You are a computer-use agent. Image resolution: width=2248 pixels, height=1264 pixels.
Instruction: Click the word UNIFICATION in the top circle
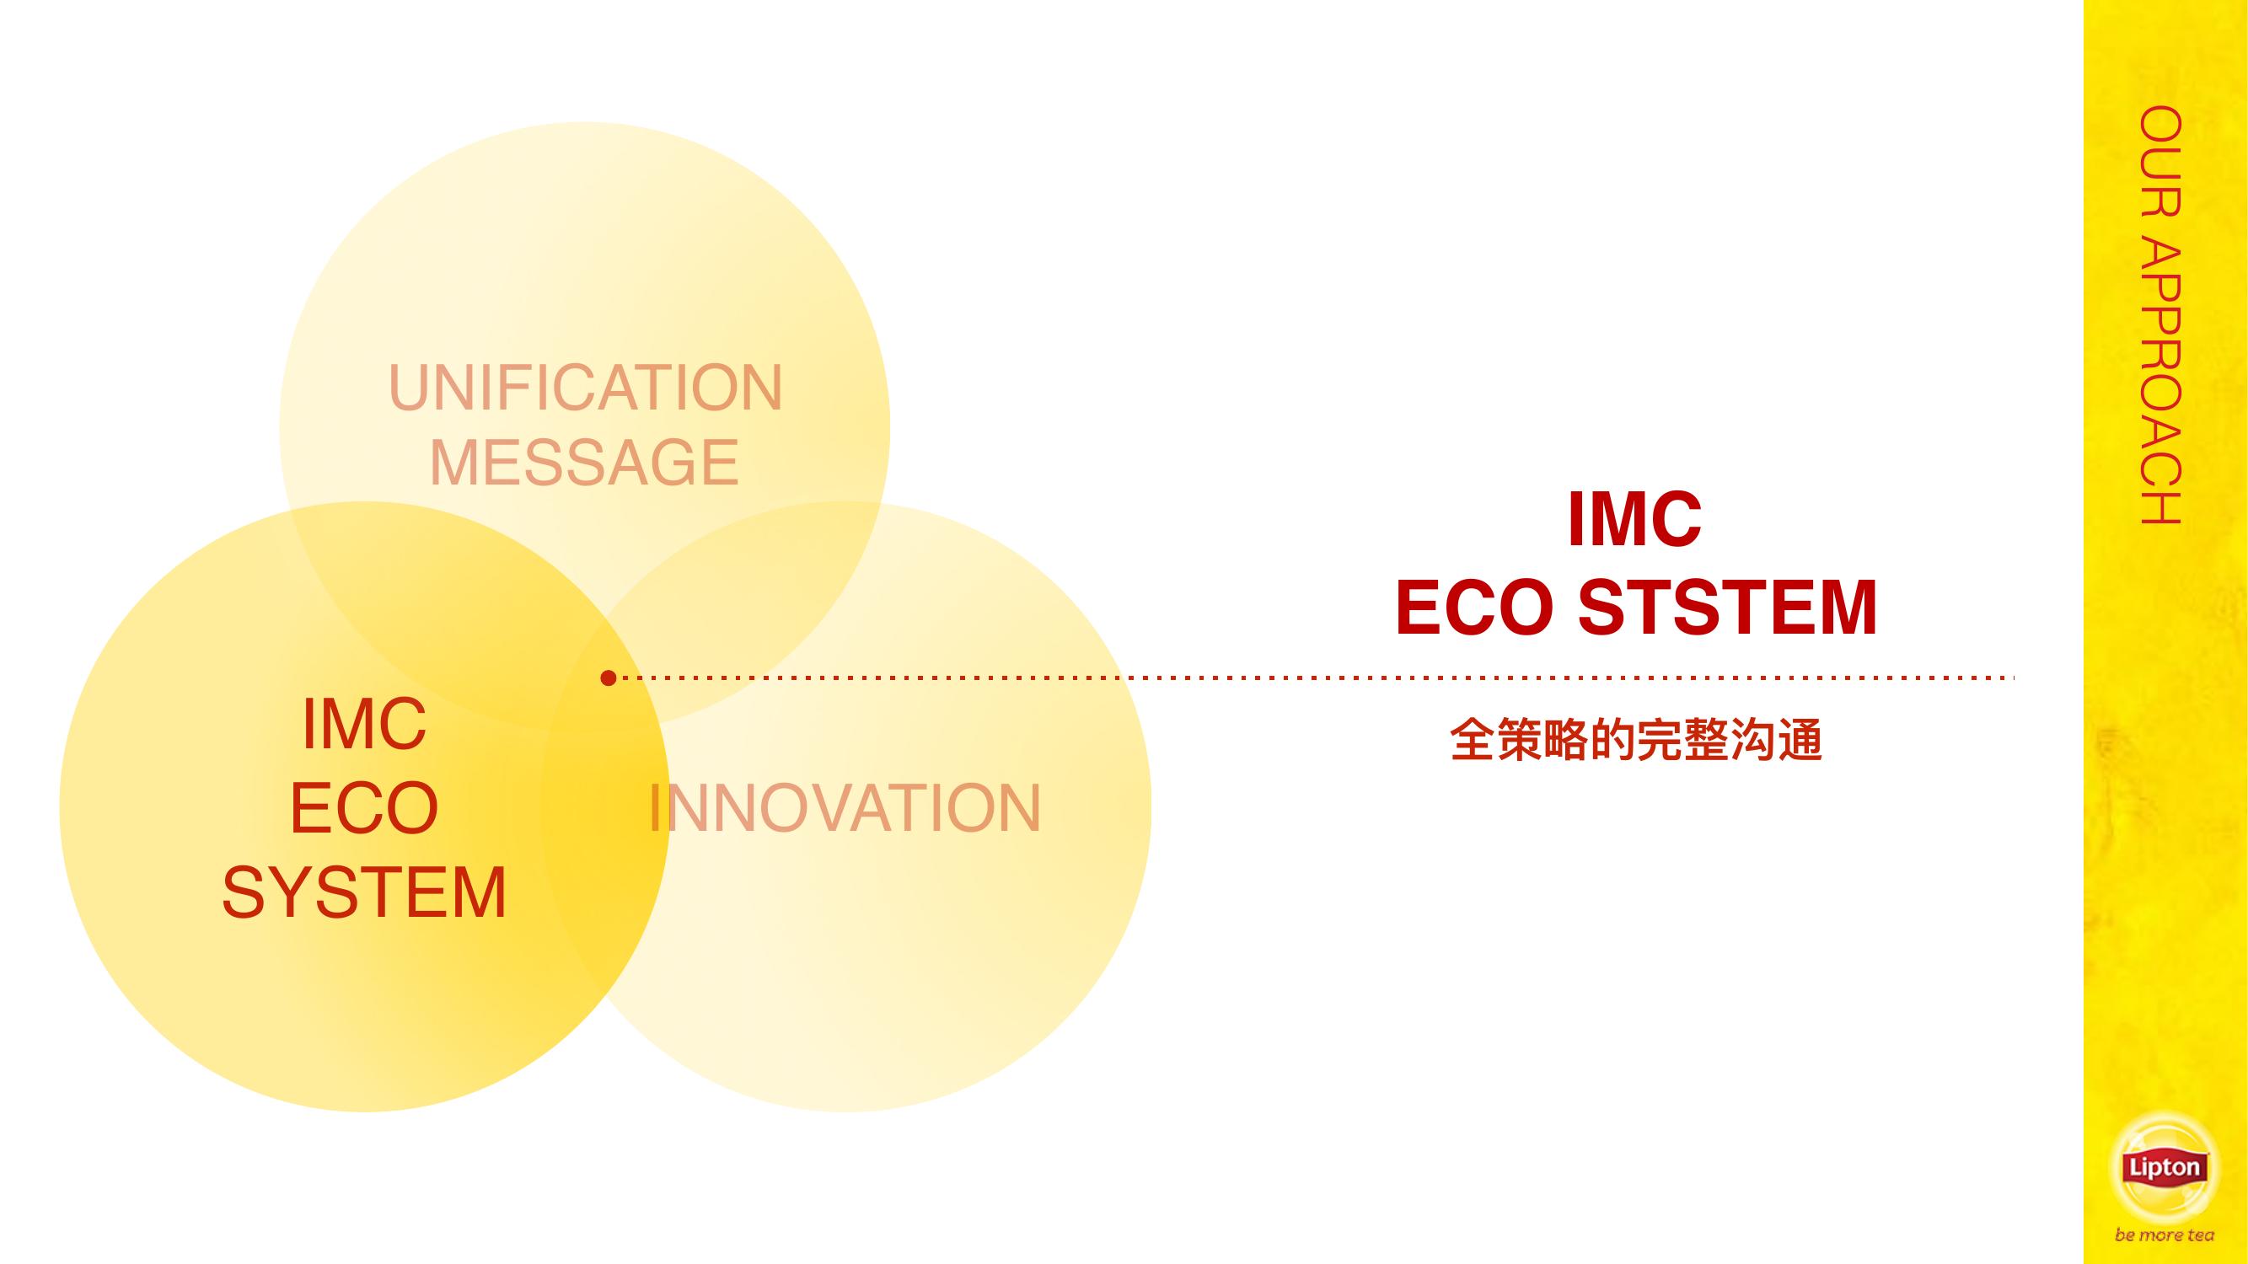[586, 388]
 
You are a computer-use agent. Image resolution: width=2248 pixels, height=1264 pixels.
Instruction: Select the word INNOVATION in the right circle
[845, 808]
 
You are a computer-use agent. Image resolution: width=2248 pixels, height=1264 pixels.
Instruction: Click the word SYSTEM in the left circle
[364, 892]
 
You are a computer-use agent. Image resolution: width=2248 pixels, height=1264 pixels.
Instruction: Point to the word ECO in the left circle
[364, 808]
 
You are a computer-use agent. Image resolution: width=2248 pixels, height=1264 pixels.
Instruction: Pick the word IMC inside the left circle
[364, 723]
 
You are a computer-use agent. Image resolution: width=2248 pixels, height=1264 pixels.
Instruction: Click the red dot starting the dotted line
[609, 678]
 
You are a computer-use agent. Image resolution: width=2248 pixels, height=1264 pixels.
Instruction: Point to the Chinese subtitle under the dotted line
[1635, 740]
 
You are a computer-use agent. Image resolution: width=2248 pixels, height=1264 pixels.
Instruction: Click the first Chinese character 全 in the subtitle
[1473, 740]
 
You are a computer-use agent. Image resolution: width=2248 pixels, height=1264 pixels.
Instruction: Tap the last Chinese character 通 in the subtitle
[1800, 740]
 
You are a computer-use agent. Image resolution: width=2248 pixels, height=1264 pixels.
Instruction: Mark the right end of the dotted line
[2013, 677]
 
